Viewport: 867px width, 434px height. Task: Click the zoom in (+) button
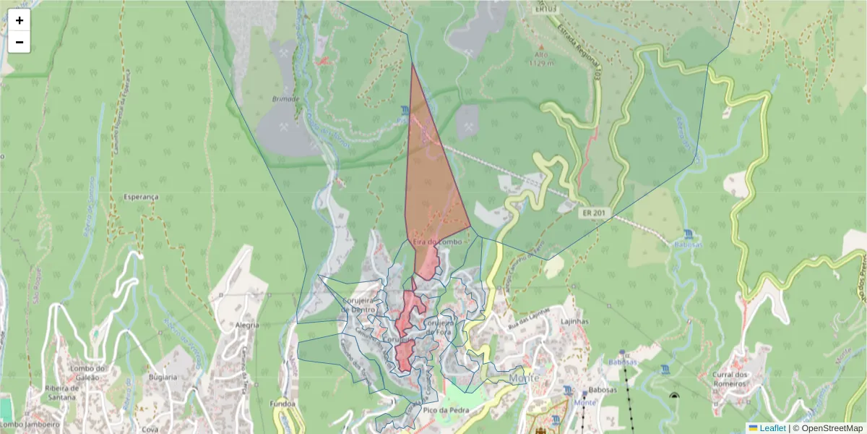[x=20, y=20]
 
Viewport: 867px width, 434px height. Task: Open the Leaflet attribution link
[x=772, y=428]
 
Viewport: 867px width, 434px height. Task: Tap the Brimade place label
[x=286, y=98]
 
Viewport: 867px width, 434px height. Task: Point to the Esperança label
[x=140, y=197]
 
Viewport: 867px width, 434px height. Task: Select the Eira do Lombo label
[x=437, y=242]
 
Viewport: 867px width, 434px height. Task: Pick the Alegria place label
[x=246, y=325]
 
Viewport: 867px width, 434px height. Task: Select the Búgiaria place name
[x=161, y=378]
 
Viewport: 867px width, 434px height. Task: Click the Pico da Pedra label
[x=446, y=410]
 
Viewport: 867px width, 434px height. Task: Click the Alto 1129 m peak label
[x=540, y=59]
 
